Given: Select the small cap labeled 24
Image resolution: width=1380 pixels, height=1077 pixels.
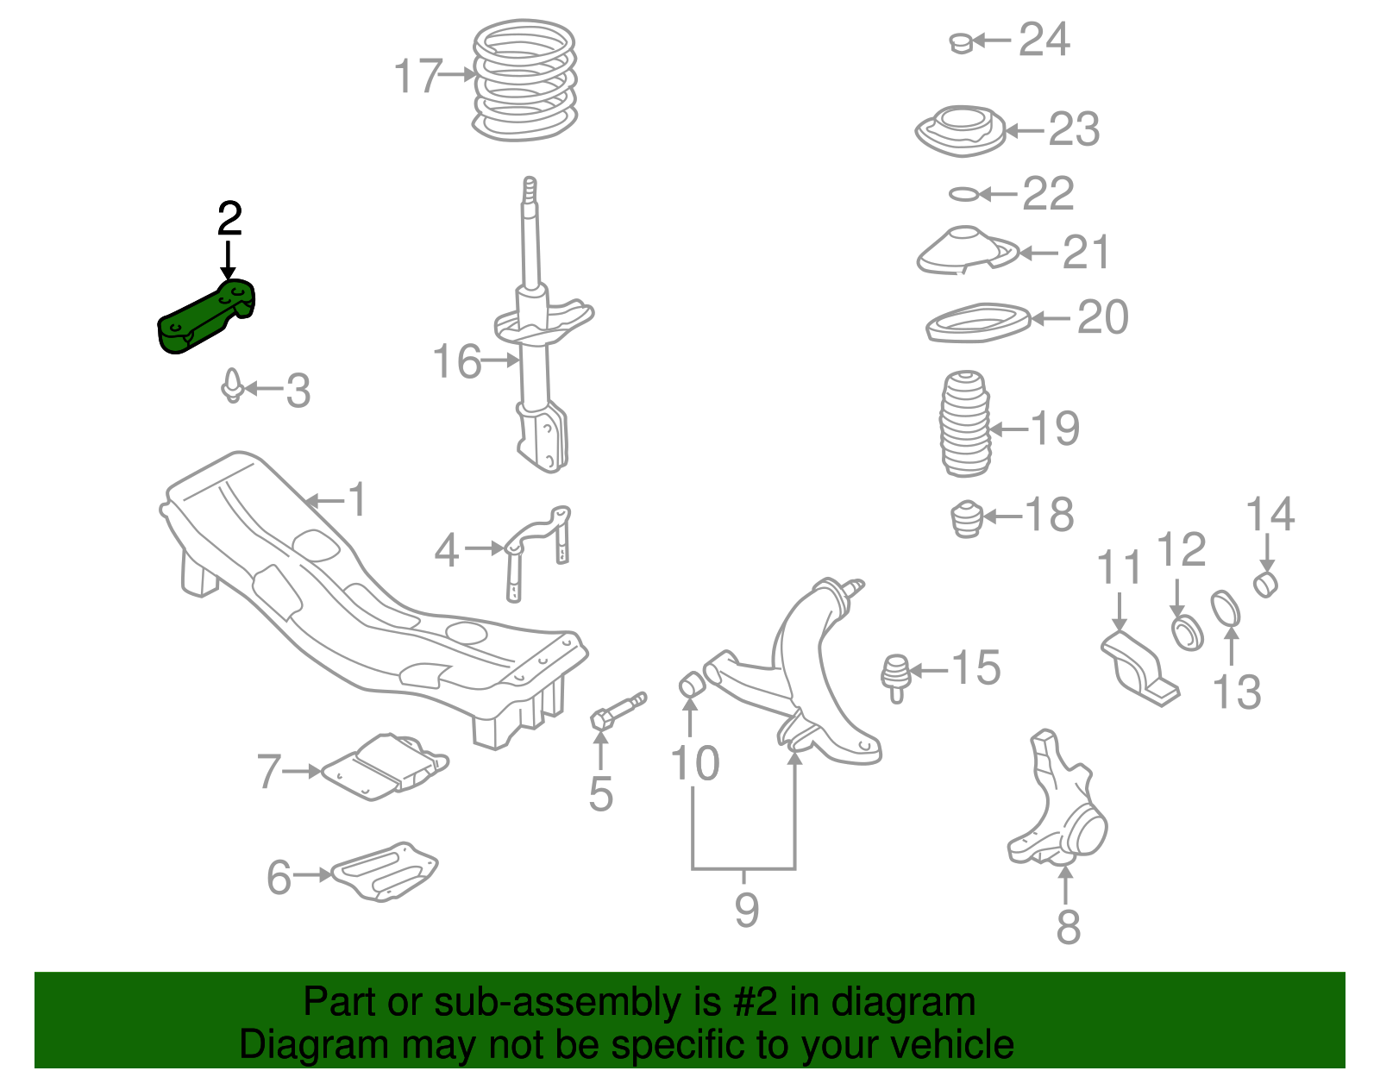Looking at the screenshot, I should tap(961, 41).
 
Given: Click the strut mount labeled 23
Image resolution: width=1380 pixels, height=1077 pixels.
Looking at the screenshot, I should tap(959, 131).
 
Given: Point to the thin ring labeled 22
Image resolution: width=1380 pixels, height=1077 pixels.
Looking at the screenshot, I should tap(963, 194).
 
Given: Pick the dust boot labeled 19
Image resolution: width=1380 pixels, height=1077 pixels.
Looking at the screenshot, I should tap(964, 423).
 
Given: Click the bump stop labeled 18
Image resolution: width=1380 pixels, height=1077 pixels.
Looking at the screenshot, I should tap(967, 518).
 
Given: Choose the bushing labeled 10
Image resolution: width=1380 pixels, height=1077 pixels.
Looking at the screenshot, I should tap(692, 685).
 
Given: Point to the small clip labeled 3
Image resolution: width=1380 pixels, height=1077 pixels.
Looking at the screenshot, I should tap(232, 386).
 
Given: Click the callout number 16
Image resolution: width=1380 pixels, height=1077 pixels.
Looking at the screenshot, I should tap(456, 361).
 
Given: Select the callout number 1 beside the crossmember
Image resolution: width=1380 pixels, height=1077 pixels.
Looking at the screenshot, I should tap(357, 499).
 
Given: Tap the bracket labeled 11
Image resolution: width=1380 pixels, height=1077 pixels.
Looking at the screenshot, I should tap(1136, 667).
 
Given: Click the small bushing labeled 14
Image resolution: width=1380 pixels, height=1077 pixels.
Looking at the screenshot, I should tap(1265, 584).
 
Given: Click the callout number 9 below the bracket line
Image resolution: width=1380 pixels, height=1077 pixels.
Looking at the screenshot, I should tap(746, 909).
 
